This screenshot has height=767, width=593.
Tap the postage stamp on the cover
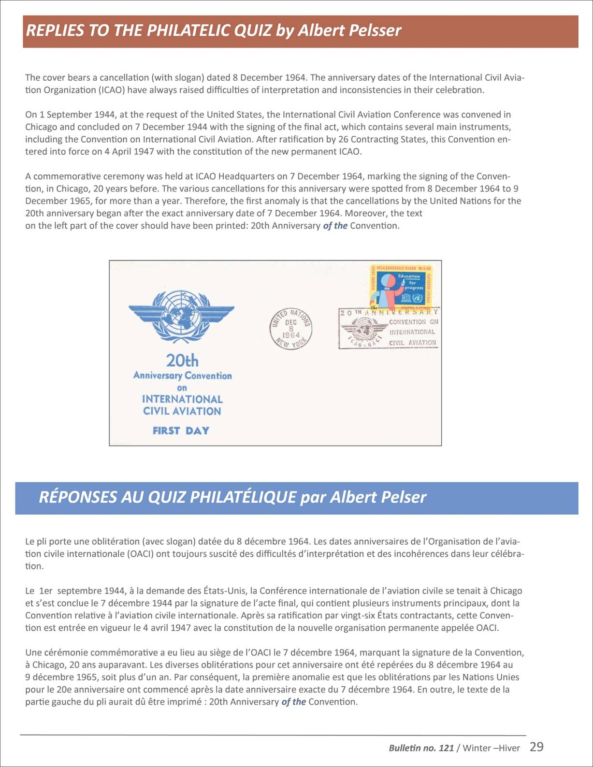tap(401, 287)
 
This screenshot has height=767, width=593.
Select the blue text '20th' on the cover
tap(182, 361)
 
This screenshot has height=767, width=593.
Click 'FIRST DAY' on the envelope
tap(181, 430)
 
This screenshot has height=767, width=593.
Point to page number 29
tap(536, 747)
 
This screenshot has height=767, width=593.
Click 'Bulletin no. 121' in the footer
tap(421, 748)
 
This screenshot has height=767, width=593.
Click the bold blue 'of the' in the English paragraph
tap(335, 226)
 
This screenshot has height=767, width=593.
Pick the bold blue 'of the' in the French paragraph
tap(293, 702)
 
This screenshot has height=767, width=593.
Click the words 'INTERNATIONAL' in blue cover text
tap(182, 399)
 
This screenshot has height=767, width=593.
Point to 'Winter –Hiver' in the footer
tap(491, 748)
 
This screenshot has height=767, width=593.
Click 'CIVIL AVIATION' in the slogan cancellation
tap(412, 343)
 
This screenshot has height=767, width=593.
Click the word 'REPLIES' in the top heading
tap(54, 30)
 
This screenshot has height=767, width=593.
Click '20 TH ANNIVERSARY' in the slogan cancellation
tap(389, 312)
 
